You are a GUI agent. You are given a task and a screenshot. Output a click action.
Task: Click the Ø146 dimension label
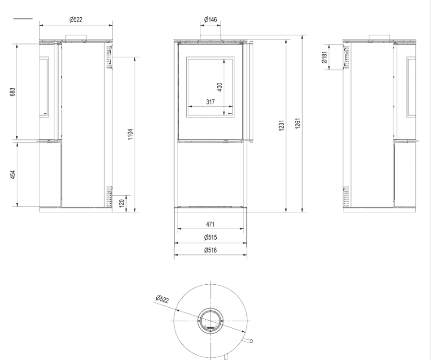click(210, 20)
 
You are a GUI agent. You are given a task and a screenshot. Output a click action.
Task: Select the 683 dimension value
click(13, 92)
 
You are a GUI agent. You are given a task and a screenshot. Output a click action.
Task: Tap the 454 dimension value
click(13, 174)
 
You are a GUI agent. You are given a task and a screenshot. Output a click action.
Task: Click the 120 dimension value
click(122, 202)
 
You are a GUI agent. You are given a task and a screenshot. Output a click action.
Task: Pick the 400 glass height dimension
click(220, 87)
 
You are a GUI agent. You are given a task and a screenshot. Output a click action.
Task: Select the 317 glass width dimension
click(210, 102)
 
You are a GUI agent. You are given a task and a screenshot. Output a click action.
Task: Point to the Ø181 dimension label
click(324, 58)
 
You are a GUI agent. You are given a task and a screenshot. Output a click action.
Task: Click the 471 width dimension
click(210, 224)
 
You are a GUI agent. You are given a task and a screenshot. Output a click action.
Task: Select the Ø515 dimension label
click(210, 237)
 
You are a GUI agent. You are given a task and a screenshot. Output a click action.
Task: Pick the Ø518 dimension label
click(210, 250)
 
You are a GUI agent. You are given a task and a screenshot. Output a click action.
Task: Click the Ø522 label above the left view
click(76, 19)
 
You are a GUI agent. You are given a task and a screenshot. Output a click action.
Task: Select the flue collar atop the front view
click(210, 38)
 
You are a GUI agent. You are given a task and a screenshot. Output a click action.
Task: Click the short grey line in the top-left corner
click(23, 19)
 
